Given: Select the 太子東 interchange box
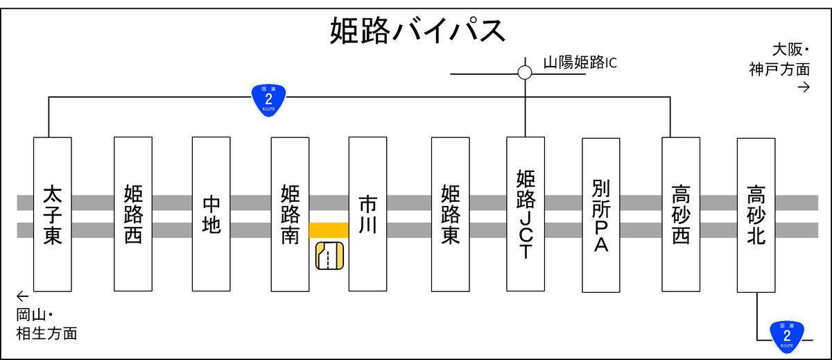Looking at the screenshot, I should [53, 214].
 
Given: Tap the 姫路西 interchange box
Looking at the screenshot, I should [132, 214].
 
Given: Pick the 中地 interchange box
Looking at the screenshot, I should [211, 214].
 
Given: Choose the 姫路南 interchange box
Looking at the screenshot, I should [290, 214].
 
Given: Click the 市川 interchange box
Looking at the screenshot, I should [367, 214].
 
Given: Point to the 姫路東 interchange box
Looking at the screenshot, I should [450, 214].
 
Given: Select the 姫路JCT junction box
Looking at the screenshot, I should [525, 214].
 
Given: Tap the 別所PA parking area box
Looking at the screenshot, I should [600, 215].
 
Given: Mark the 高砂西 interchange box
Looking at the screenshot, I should [681, 214].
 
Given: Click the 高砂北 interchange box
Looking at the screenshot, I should [756, 215].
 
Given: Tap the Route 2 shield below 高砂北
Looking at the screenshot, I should [786, 334].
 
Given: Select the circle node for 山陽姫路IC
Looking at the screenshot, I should [525, 72].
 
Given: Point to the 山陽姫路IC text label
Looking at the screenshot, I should [579, 63].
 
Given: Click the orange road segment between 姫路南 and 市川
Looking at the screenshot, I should [329, 230].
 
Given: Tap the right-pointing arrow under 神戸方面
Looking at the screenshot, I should [804, 87].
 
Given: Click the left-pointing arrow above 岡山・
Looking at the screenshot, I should [24, 295].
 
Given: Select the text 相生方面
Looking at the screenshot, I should [46, 334].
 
